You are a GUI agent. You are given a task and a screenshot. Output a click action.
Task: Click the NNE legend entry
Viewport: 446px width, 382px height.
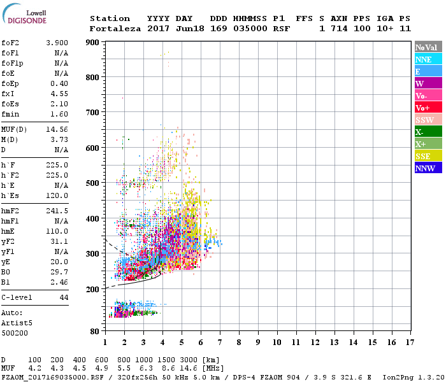(428, 59)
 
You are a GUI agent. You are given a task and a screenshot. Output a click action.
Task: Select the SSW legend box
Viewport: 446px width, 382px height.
(428, 120)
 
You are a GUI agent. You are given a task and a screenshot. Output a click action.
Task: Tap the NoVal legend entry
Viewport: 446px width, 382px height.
(428, 47)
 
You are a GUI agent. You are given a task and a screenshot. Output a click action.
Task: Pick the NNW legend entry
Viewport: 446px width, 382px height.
(428, 168)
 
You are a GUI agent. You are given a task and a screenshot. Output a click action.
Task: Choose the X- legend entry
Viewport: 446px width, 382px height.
(428, 132)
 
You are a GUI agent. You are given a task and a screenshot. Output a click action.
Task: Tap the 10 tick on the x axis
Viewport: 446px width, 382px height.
(277, 342)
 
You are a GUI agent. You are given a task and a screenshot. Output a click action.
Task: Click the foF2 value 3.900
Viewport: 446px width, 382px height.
(57, 43)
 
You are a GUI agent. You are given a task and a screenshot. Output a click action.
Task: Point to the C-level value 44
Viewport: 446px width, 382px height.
(64, 297)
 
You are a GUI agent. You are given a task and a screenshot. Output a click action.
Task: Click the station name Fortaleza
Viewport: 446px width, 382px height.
(115, 29)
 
